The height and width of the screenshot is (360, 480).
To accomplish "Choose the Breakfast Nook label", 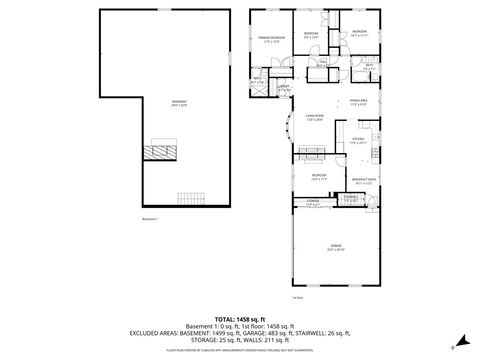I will (362, 181).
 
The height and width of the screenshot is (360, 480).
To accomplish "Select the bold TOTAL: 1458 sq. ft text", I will (240, 317).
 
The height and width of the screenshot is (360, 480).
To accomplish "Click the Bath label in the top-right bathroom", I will (368, 67).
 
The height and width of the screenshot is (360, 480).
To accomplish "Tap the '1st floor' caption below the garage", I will (297, 297).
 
